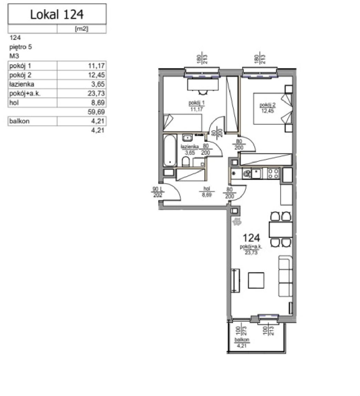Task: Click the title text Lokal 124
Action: tap(57, 14)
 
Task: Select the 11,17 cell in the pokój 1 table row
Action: tap(96, 66)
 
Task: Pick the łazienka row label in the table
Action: tap(22, 84)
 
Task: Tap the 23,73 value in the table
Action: tap(96, 94)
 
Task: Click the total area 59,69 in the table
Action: tap(96, 112)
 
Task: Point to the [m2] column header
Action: tap(82, 29)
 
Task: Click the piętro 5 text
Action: tap(21, 47)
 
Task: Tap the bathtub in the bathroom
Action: tap(170, 150)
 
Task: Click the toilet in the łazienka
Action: tap(186, 162)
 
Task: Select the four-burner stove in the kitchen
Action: tap(273, 173)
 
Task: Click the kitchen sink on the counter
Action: tap(256, 173)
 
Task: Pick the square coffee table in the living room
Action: tap(256, 280)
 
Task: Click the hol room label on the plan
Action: tap(207, 189)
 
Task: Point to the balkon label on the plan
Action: tap(242, 340)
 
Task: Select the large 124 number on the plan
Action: tap(251, 238)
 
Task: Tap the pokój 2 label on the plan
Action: tap(267, 105)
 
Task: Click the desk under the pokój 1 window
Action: tap(203, 84)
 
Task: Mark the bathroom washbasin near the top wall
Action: tap(187, 138)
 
